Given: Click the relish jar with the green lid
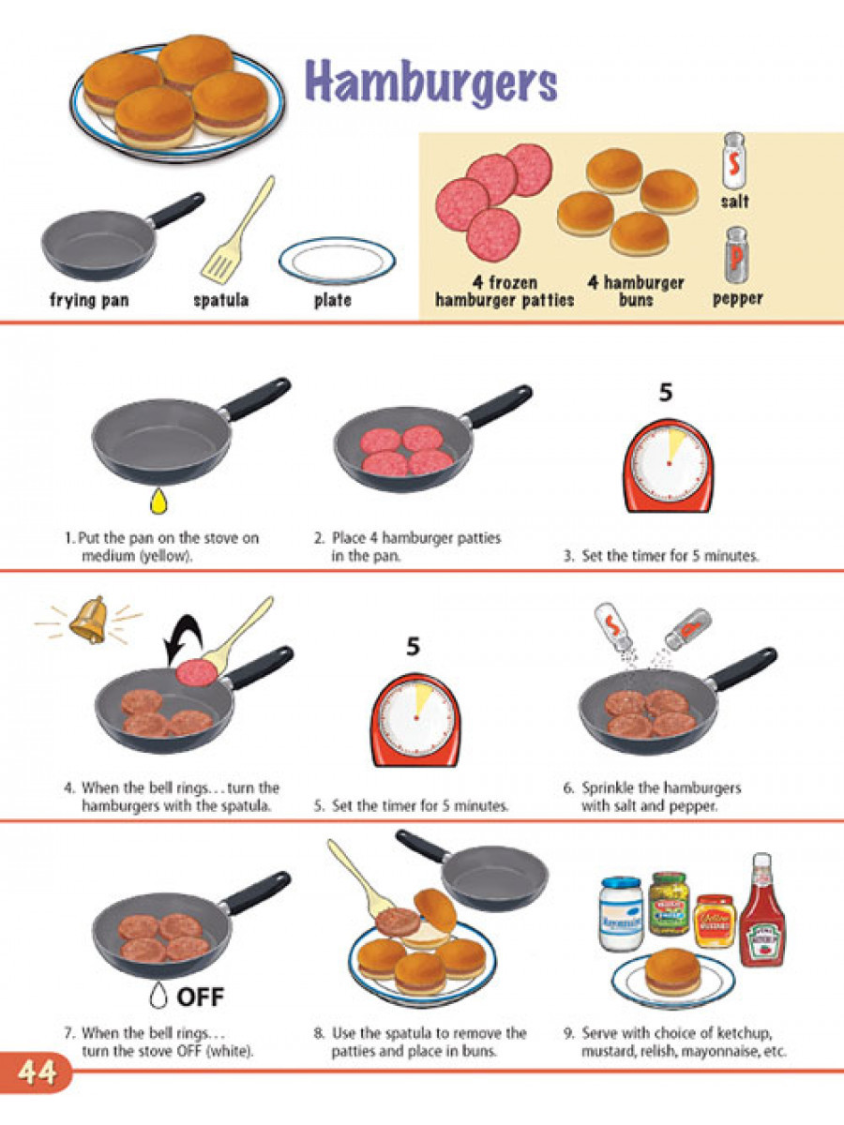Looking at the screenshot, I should tap(670, 903).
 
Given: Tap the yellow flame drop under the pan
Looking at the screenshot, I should tap(157, 502).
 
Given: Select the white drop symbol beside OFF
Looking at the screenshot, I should tap(158, 995).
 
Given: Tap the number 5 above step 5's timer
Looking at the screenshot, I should tap(413, 647).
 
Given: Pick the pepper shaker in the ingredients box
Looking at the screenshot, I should tap(736, 256).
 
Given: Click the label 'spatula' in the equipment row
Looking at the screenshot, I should tap(220, 301).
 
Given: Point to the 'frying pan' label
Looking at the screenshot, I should tap(89, 301).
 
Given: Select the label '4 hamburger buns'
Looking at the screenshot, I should tap(636, 292).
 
